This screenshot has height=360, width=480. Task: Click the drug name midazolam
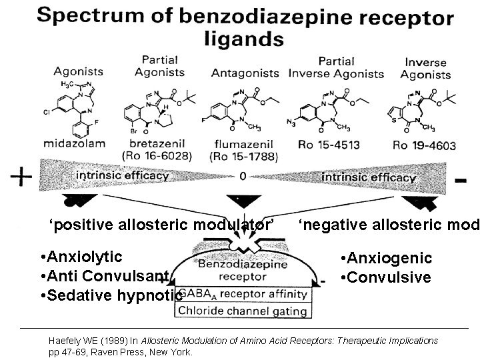(74, 143)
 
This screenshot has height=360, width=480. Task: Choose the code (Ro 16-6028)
(155, 157)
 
